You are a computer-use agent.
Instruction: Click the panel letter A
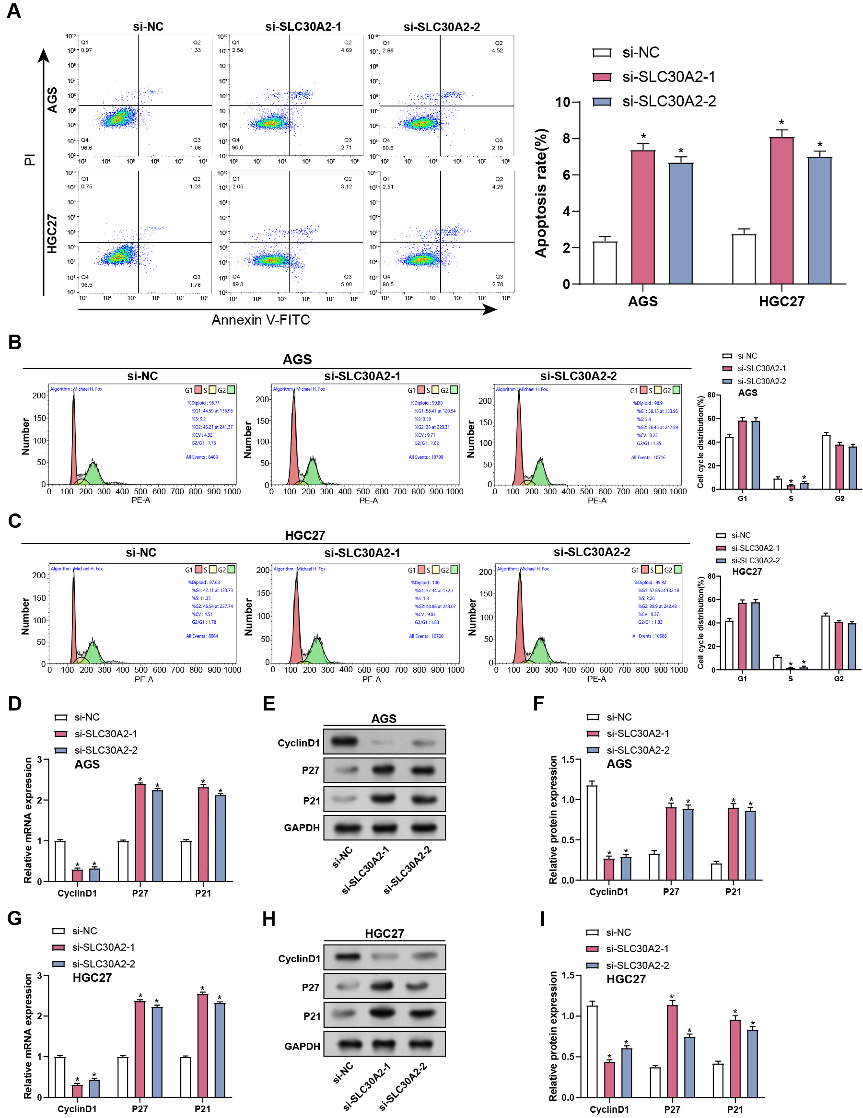coord(14,11)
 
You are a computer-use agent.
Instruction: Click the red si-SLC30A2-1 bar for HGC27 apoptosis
coord(781,210)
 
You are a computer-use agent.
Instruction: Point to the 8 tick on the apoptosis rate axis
coord(566,139)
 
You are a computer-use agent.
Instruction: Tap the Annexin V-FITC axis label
coord(260,320)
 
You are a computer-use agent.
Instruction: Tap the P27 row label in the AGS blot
coord(310,770)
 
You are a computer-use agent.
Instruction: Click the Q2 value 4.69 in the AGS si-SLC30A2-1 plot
coord(347,50)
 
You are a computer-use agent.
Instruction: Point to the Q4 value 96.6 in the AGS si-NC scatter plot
coord(86,148)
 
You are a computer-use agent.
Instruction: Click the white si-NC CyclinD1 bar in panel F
coord(592,832)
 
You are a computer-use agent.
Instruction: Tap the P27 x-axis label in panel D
coord(140,893)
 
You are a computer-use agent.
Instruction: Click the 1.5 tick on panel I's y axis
coord(568,975)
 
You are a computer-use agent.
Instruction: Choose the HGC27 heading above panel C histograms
coord(304,536)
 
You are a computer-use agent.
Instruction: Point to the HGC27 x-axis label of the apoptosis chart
coord(781,302)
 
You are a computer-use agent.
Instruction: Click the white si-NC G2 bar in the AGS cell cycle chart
coord(826,462)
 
